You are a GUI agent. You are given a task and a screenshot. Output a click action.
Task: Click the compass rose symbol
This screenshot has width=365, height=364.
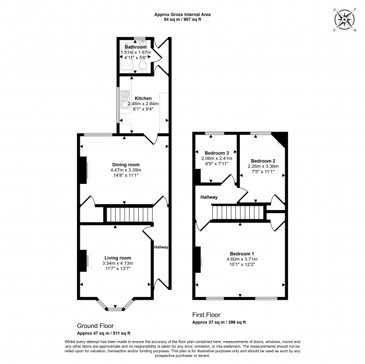(x=345, y=20)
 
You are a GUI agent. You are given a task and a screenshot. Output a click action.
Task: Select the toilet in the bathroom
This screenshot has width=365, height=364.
(x=143, y=67)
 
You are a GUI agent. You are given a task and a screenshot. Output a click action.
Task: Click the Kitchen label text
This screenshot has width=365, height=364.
(x=143, y=98)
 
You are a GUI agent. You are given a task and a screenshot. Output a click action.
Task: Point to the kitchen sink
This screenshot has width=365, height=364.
(x=125, y=100)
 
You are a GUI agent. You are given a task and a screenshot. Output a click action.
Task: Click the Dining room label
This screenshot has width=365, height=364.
(x=126, y=165)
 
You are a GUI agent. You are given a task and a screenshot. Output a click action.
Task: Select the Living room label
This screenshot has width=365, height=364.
(x=117, y=258)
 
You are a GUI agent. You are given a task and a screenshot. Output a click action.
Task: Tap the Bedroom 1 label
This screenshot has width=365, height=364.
(x=242, y=254)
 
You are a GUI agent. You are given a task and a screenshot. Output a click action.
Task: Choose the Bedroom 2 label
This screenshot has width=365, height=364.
(x=263, y=161)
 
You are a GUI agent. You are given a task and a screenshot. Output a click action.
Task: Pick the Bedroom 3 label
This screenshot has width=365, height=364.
(x=217, y=153)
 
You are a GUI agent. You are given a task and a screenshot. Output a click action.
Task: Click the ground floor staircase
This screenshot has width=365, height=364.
(x=129, y=214)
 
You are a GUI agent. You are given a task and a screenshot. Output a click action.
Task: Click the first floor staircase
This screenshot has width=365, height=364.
(x=239, y=213)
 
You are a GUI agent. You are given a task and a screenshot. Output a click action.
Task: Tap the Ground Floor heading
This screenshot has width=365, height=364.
(x=95, y=326)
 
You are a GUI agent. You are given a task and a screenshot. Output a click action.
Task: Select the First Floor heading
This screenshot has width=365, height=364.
(x=206, y=315)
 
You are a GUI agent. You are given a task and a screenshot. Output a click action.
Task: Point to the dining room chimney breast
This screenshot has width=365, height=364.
(x=83, y=170)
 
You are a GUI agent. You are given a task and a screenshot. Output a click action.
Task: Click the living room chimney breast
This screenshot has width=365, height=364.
(x=83, y=260)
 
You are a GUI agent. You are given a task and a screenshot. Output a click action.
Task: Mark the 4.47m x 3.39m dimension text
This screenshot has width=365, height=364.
(x=126, y=170)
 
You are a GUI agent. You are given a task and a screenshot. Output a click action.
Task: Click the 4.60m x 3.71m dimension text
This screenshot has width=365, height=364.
(x=242, y=259)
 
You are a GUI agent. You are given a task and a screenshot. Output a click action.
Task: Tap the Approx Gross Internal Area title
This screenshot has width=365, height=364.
(x=182, y=15)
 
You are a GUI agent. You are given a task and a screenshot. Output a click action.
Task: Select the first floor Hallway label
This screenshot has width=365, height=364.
(x=209, y=197)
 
